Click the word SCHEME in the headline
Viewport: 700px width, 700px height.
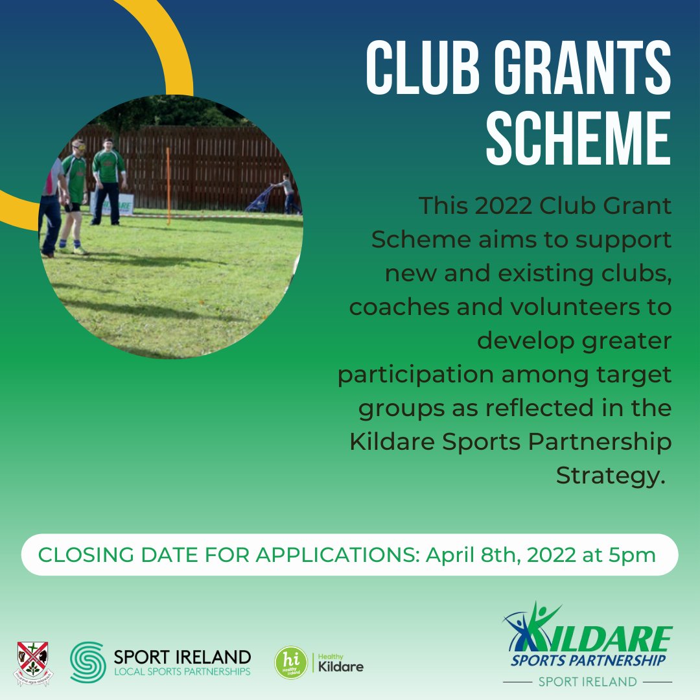[579, 138]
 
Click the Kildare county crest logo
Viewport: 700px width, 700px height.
[34, 662]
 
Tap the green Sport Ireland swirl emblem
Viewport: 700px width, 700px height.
[87, 661]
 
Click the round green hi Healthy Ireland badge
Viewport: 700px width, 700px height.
[291, 662]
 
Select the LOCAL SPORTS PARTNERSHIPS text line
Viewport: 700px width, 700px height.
[181, 671]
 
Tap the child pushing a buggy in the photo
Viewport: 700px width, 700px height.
[285, 192]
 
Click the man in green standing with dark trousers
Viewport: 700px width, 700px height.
[108, 181]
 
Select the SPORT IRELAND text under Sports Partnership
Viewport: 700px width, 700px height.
[588, 681]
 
